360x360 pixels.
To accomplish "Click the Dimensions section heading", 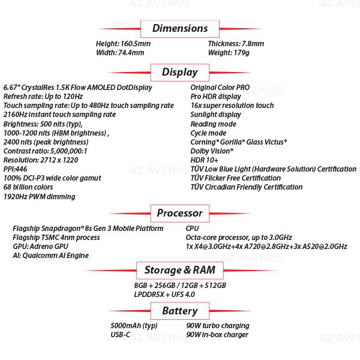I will tap(180, 28).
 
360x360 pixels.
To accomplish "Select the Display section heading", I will tap(179, 72).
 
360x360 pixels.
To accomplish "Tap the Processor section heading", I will tap(179, 213).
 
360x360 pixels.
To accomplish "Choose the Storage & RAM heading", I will tap(179, 270).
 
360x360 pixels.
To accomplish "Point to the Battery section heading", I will tap(179, 311).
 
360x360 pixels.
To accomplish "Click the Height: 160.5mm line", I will tap(123, 44).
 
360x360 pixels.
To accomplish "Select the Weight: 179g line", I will tap(228, 53).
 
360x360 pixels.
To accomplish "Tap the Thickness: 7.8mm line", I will tap(236, 44).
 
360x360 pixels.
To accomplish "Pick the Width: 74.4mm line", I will tap(120, 53).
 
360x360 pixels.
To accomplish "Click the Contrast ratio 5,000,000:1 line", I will tap(45, 151).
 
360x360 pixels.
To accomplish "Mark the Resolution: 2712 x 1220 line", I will tap(41, 160).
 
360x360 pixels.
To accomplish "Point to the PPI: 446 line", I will tap(16, 169).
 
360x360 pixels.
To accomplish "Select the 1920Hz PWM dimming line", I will tap(39, 197).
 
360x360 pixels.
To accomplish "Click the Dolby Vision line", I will tap(212, 151).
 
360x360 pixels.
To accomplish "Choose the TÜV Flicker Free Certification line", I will tap(235, 178).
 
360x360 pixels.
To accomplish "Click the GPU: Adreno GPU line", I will tap(41, 247).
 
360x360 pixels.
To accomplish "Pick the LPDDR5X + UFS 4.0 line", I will tap(164, 295).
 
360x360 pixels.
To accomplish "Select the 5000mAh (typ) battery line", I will tap(134, 326).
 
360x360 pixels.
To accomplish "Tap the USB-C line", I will tap(120, 335).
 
